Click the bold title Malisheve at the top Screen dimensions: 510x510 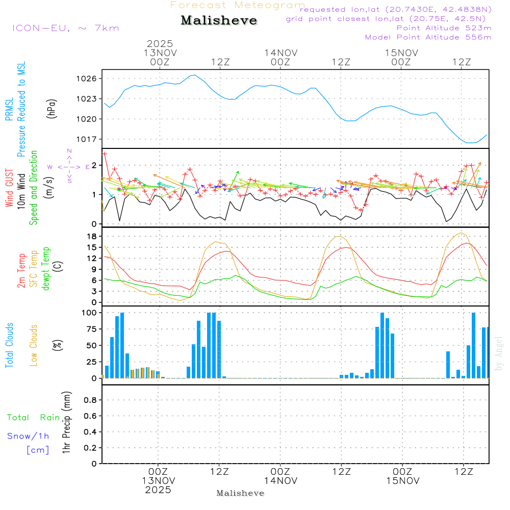(219, 20)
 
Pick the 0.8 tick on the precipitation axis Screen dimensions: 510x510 (90, 400)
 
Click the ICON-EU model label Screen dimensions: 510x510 (65, 28)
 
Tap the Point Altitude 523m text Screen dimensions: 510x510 (444, 28)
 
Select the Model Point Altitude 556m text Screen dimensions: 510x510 (428, 37)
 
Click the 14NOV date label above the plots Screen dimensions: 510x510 (280, 53)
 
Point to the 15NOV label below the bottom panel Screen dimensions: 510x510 (403, 481)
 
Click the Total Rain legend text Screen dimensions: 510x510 (33, 418)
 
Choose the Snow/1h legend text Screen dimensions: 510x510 (29, 436)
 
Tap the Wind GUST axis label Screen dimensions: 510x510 (9, 189)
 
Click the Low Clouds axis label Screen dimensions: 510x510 (34, 345)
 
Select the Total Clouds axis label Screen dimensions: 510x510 (9, 345)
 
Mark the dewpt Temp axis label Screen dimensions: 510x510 (46, 269)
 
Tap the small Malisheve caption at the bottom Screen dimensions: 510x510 (241, 493)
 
